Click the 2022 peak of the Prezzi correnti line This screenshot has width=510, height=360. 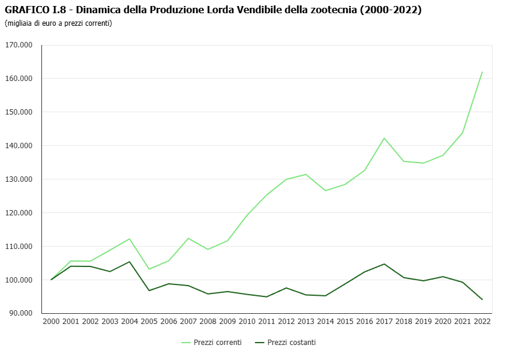pos(482,72)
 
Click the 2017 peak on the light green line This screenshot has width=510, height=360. pos(384,138)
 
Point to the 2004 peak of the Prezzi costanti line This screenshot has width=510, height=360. pos(130,262)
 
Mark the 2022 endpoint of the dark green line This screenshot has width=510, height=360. pos(482,299)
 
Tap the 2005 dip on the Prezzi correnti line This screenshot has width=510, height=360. pos(149,269)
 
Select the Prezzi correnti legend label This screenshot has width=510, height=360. pos(218,343)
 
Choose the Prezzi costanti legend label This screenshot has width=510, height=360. pos(291,343)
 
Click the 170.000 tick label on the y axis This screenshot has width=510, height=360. pos(19,45)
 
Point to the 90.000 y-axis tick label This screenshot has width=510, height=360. pos(20,313)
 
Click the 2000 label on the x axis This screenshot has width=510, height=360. pos(51,321)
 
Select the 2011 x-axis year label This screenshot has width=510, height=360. pos(266,321)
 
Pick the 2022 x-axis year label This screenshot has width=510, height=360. pos(482,321)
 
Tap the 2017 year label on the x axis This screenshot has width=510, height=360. pos(384,321)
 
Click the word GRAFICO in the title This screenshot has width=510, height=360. pos(27,10)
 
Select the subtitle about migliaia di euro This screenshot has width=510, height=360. pos(58,23)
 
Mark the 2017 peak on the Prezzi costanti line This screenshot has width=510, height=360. pos(384,264)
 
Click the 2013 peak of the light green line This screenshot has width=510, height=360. pos(306,175)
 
